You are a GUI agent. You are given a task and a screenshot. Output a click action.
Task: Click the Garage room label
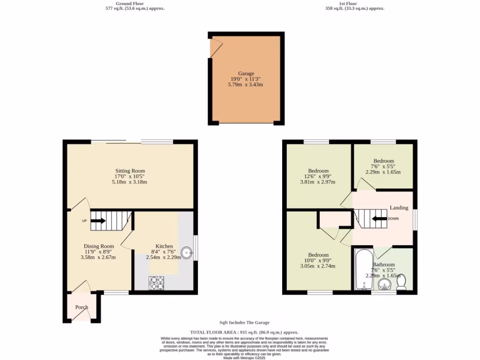pyautogui.click(x=246, y=74)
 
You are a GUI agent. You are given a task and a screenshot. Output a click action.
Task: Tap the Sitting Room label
pyautogui.click(x=130, y=171)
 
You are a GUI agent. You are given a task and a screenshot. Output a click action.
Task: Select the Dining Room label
pyautogui.click(x=98, y=247)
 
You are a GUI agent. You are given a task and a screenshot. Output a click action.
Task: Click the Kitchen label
pyautogui.click(x=164, y=247)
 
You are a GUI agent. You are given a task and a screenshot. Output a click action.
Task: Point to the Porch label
pyautogui.click(x=82, y=307)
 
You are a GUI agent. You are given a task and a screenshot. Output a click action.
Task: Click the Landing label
pyautogui.click(x=399, y=208)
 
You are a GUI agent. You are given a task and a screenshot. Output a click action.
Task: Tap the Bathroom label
pyautogui.click(x=383, y=264)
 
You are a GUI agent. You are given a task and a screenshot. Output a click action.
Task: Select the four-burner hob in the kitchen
pyautogui.click(x=157, y=283)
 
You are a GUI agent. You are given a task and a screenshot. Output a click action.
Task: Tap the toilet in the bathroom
pyautogui.click(x=401, y=282)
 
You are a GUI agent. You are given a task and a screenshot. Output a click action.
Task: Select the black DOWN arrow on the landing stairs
pyautogui.click(x=379, y=218)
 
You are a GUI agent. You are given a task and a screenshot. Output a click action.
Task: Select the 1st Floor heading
pyautogui.click(x=348, y=4)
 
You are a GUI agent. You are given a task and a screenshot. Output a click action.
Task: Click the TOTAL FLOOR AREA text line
pyautogui.click(x=244, y=332)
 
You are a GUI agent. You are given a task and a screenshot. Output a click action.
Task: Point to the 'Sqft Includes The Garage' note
pyautogui.click(x=244, y=322)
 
